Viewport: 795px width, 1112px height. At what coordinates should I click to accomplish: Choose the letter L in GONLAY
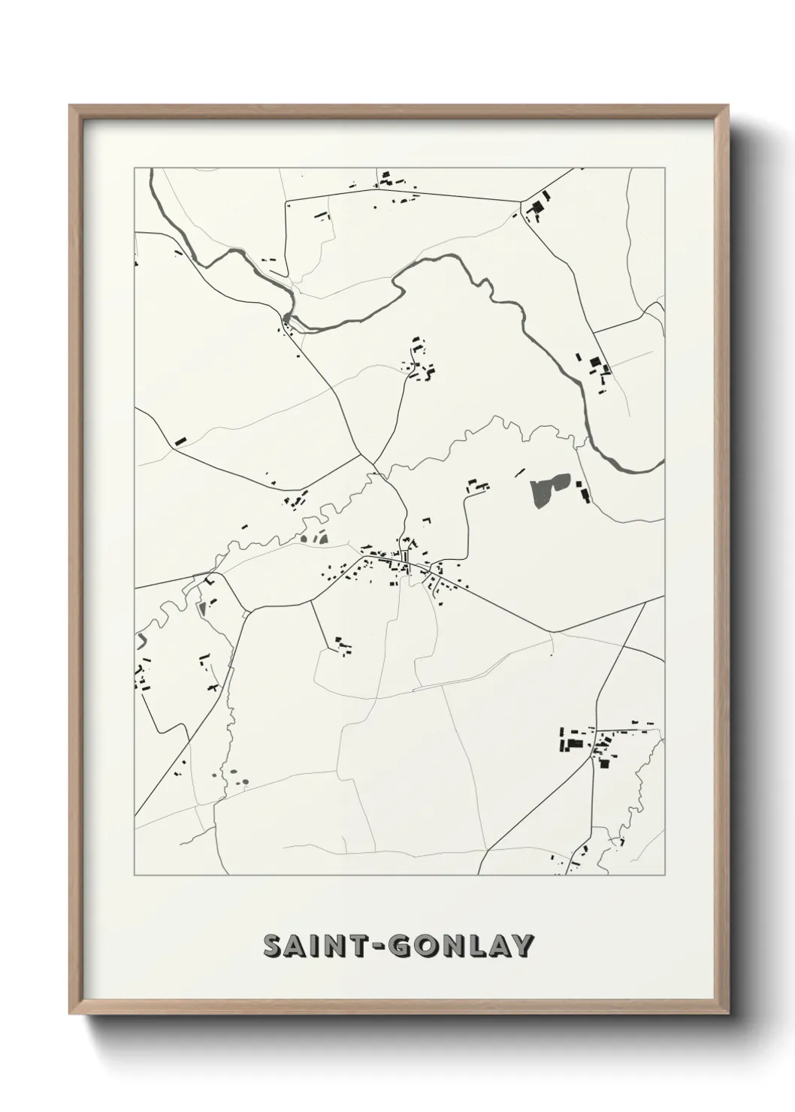476,947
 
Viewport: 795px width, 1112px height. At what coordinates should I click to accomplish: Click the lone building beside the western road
180,441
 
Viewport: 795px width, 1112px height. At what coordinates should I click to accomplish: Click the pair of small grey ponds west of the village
315,536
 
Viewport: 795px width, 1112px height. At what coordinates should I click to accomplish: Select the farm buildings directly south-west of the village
343,645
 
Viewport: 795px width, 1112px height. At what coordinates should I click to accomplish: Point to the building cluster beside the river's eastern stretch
597,370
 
